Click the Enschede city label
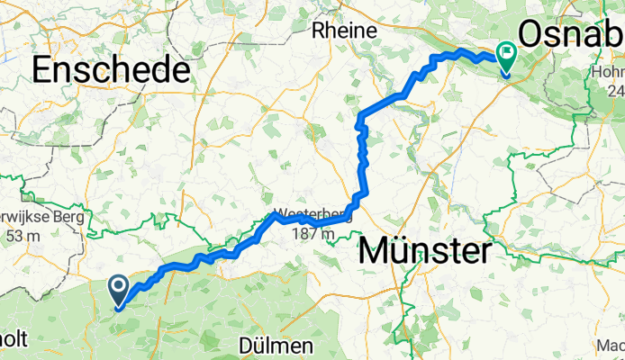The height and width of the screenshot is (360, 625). (x=112, y=69)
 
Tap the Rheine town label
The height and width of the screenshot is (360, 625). (x=343, y=31)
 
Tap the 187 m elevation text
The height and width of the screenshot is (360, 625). (x=313, y=235)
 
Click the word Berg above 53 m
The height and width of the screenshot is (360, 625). (x=68, y=218)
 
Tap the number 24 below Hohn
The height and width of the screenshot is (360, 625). (x=614, y=91)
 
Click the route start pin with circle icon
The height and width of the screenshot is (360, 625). (x=119, y=289)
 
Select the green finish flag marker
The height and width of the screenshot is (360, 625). (x=505, y=58)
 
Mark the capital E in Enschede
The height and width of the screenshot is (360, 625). (x=44, y=69)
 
